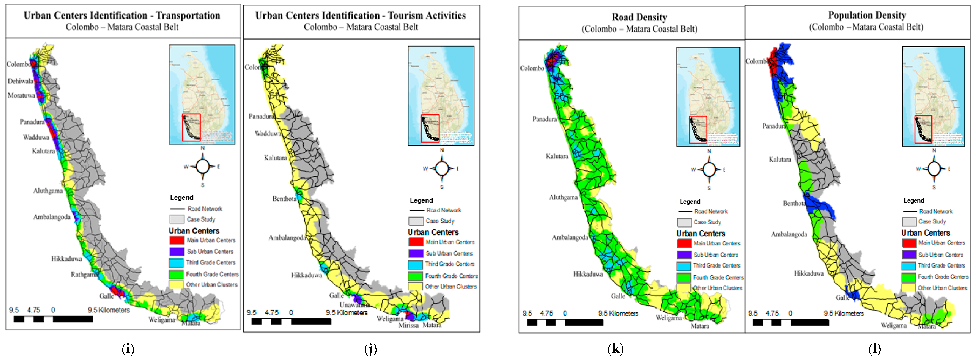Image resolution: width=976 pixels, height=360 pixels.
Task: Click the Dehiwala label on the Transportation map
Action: [20, 81]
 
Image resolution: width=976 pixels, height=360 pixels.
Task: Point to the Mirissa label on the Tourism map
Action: [408, 325]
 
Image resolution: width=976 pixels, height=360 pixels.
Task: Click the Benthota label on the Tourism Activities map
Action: [284, 199]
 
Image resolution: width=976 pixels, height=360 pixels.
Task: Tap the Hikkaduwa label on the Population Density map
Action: [809, 273]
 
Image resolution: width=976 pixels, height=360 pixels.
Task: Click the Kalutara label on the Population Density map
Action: [780, 160]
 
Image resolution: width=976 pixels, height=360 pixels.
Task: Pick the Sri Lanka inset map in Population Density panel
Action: [933, 96]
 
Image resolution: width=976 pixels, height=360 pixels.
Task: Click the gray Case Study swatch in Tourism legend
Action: [416, 221]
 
